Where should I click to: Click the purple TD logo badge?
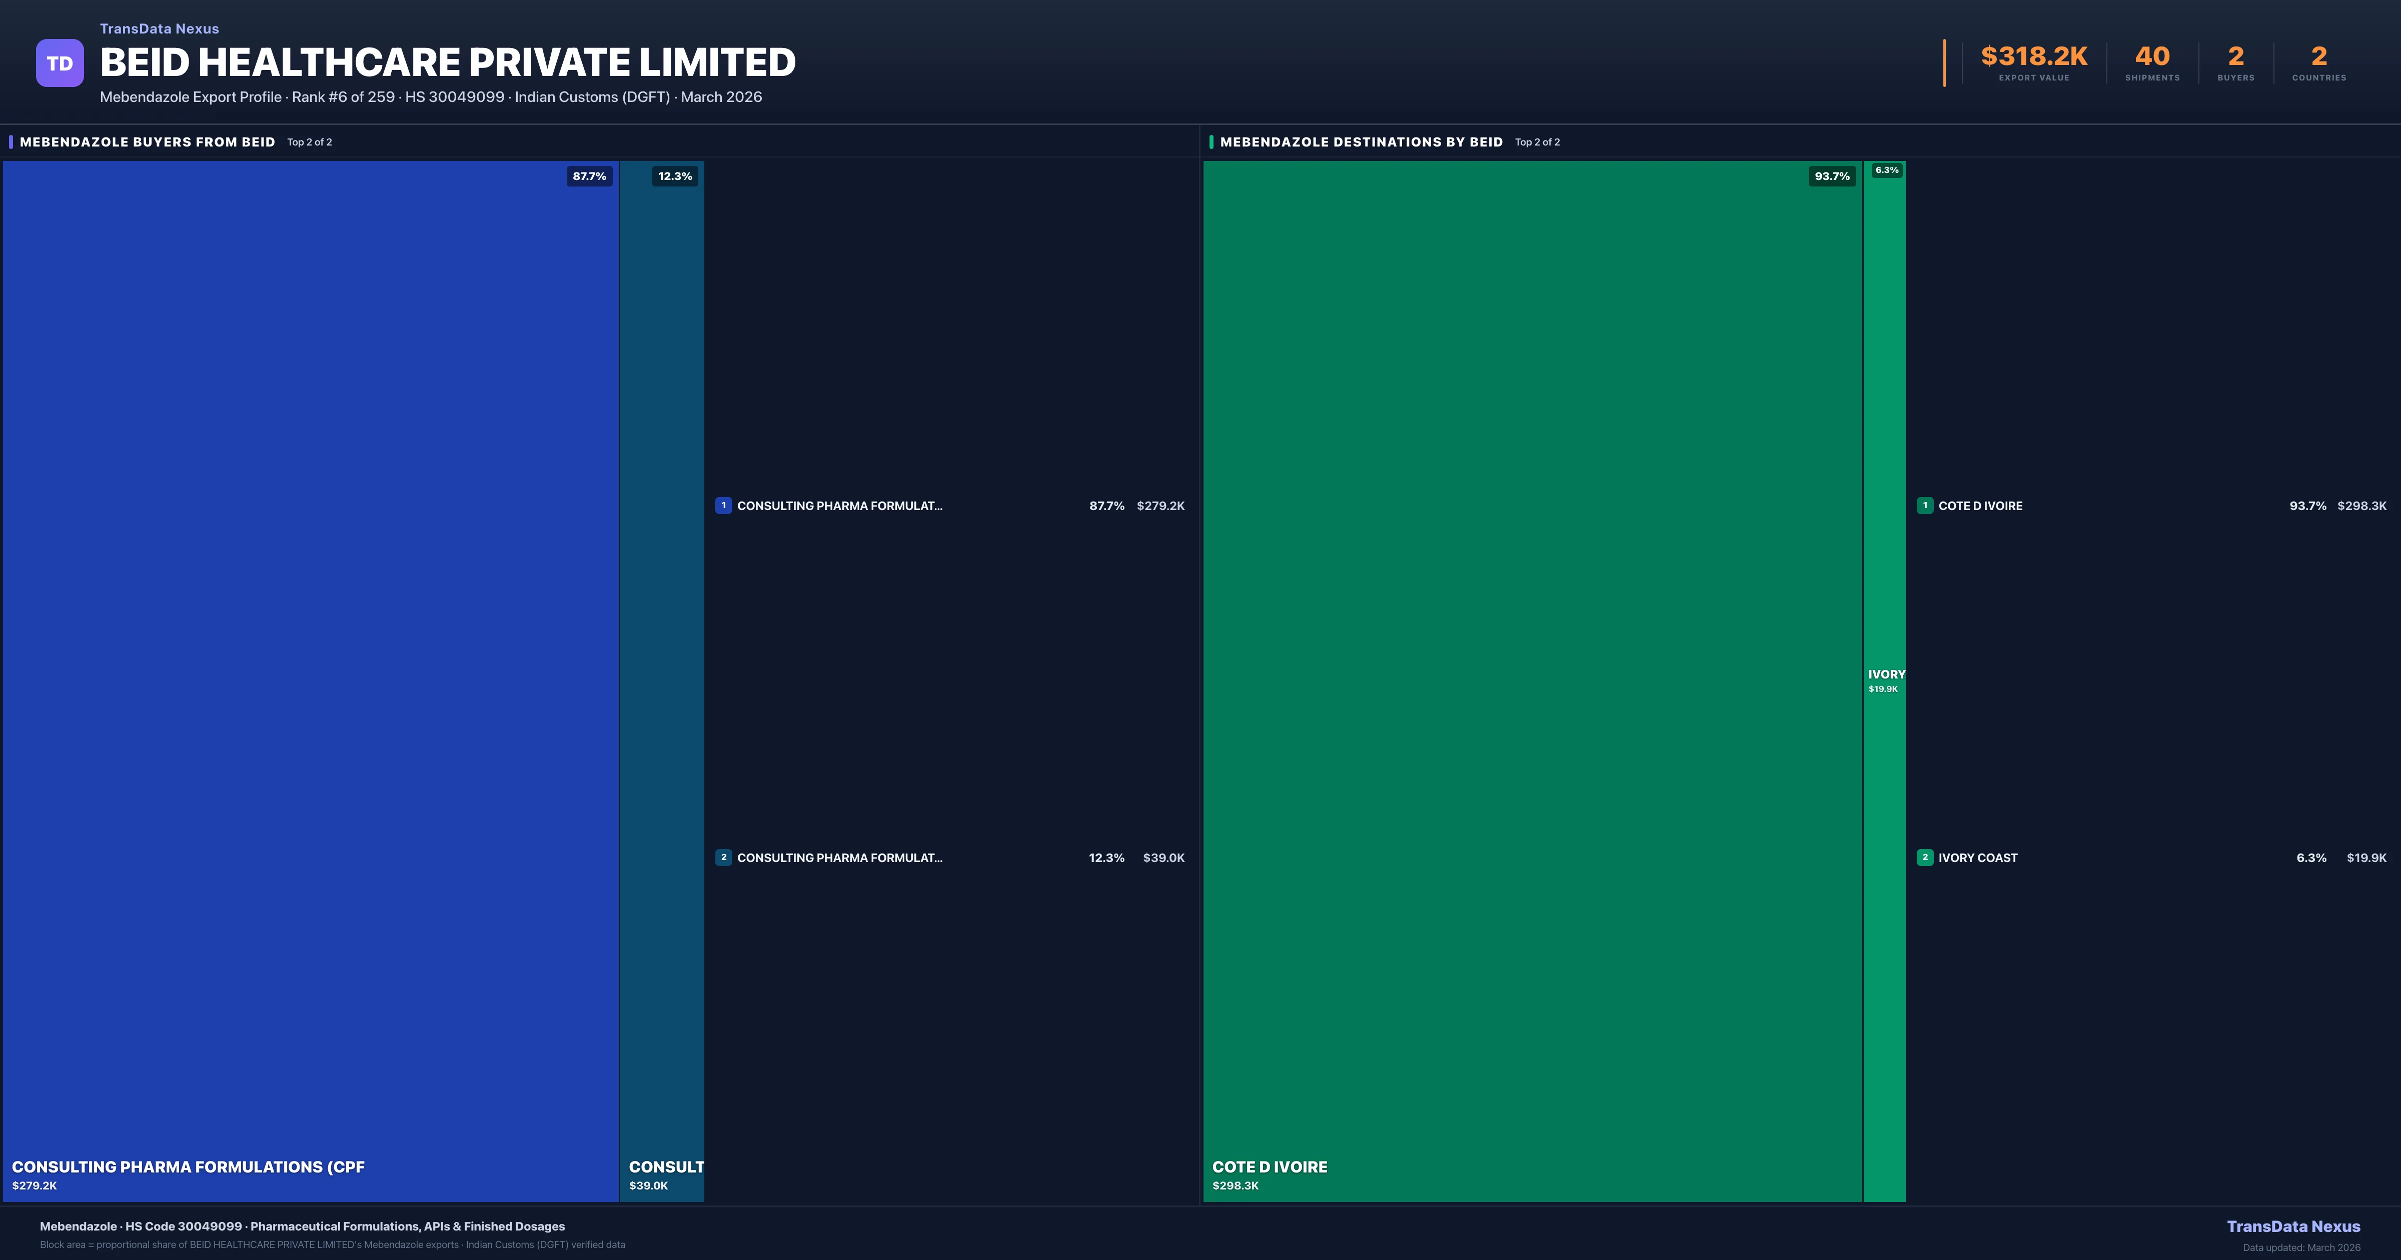60,63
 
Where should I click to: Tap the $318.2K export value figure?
2034,57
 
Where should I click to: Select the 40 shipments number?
2152,57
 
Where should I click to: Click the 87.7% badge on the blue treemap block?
589,176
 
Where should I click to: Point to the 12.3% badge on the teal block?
675,176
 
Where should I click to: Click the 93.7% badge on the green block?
1831,176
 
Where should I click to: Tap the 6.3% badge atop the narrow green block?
1886,170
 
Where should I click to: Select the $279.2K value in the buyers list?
1160,506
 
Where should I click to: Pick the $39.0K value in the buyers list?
1163,857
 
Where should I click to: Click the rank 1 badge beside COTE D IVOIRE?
1925,505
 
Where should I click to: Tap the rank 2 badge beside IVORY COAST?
1925,857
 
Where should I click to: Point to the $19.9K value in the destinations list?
2365,857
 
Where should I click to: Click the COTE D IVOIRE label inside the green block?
1270,1167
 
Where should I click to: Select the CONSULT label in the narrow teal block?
665,1167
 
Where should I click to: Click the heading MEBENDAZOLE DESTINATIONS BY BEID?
1361,141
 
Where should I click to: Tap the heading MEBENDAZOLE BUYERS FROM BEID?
147,141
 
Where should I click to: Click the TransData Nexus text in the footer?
2293,1226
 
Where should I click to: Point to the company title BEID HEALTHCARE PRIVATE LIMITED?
447,62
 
